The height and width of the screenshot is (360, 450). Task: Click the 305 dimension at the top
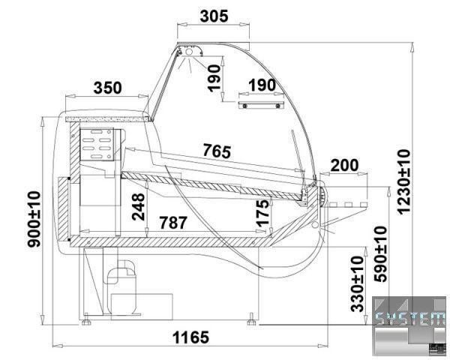[214, 16]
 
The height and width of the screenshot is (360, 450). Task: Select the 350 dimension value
[107, 88]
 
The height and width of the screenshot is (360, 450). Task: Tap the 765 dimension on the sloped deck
[217, 151]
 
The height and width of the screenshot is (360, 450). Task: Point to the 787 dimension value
[173, 223]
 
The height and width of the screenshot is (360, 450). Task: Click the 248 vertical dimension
[139, 207]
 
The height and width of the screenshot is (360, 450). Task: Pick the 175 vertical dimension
[262, 212]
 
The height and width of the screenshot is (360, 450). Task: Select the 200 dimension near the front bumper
[345, 165]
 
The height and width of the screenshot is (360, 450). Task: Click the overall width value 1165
[190, 337]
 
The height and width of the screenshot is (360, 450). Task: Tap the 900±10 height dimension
[34, 219]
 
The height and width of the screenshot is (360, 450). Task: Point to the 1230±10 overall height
[404, 181]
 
